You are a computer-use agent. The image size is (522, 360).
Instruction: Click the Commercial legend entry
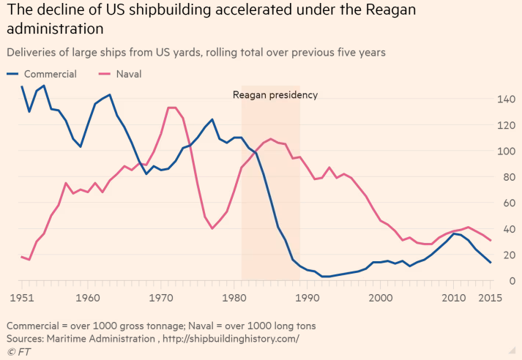[50, 74]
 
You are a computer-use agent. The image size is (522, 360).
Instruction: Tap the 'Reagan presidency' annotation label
[275, 94]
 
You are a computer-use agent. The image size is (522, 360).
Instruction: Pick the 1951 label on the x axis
[22, 298]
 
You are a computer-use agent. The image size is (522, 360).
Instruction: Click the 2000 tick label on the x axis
[381, 298]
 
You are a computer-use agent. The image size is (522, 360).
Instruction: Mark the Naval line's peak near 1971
[172, 108]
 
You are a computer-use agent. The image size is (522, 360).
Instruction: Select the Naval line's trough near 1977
[212, 228]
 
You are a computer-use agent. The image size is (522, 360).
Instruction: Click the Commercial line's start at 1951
[22, 86]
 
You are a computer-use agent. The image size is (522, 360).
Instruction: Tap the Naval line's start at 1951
[22, 256]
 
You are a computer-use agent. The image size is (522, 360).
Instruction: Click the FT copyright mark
[19, 353]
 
